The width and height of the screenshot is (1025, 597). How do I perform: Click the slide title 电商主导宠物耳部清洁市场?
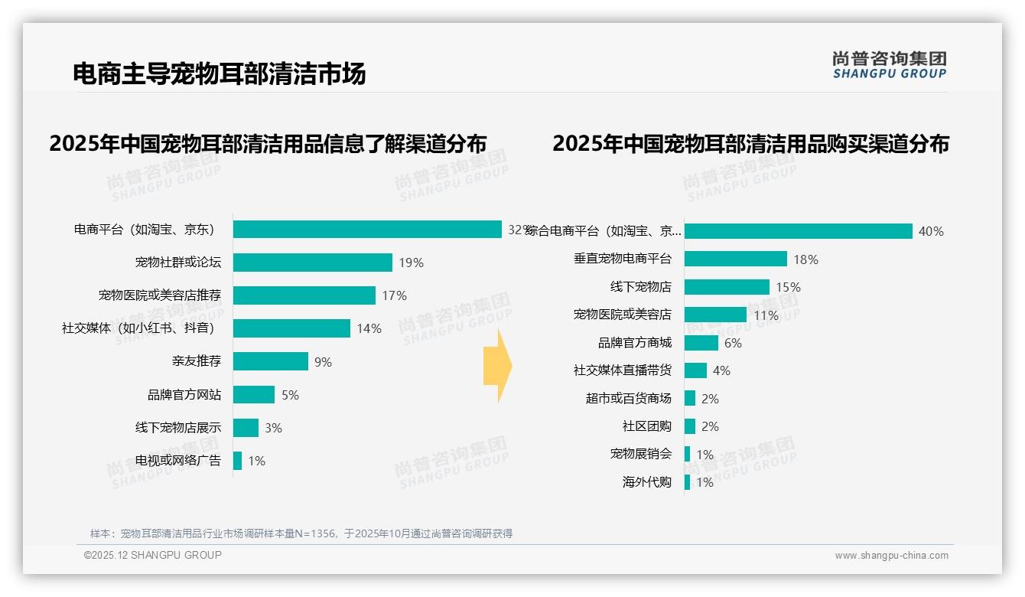[220, 73]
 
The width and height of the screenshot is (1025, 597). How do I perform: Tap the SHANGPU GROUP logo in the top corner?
[889, 65]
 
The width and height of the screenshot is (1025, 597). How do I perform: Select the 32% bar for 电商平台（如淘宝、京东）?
[367, 229]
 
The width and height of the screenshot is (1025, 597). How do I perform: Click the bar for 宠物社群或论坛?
[312, 263]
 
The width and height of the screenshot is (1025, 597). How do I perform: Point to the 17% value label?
[394, 295]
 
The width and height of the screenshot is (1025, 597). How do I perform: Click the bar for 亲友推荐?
[270, 361]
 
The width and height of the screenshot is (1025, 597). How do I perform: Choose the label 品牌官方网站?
[184, 395]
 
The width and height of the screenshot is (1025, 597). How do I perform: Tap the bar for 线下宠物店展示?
[246, 428]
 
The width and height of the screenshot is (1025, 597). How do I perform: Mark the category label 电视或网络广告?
[177, 461]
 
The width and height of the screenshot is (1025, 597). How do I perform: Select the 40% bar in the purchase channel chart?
[798, 231]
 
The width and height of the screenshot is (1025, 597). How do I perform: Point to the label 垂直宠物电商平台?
[622, 259]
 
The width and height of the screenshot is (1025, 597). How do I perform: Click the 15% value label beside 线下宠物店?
[788, 287]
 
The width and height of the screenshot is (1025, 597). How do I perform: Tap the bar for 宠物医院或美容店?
[715, 315]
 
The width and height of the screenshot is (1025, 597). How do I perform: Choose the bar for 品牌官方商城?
[701, 343]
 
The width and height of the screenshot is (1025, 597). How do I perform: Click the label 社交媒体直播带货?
[622, 370]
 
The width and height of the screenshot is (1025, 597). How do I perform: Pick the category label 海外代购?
[646, 482]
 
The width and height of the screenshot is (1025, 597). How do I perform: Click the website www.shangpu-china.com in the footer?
[891, 556]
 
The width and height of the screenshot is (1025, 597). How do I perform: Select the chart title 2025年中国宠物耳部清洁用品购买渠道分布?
[750, 144]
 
